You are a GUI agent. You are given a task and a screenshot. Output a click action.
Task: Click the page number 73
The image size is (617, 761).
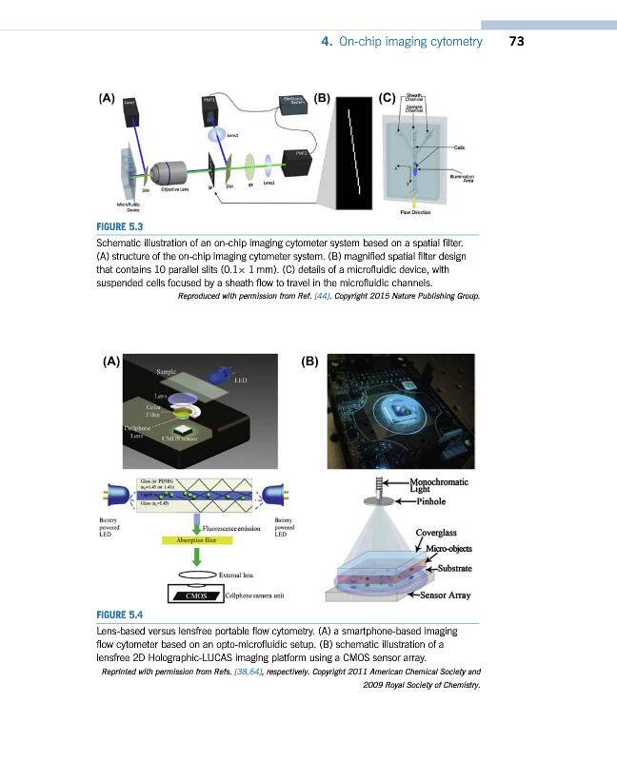[x=517, y=41]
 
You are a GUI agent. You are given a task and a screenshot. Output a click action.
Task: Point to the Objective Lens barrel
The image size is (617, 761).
[x=170, y=172]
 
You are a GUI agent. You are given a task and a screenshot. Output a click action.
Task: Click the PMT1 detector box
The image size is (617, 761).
[x=210, y=109]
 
